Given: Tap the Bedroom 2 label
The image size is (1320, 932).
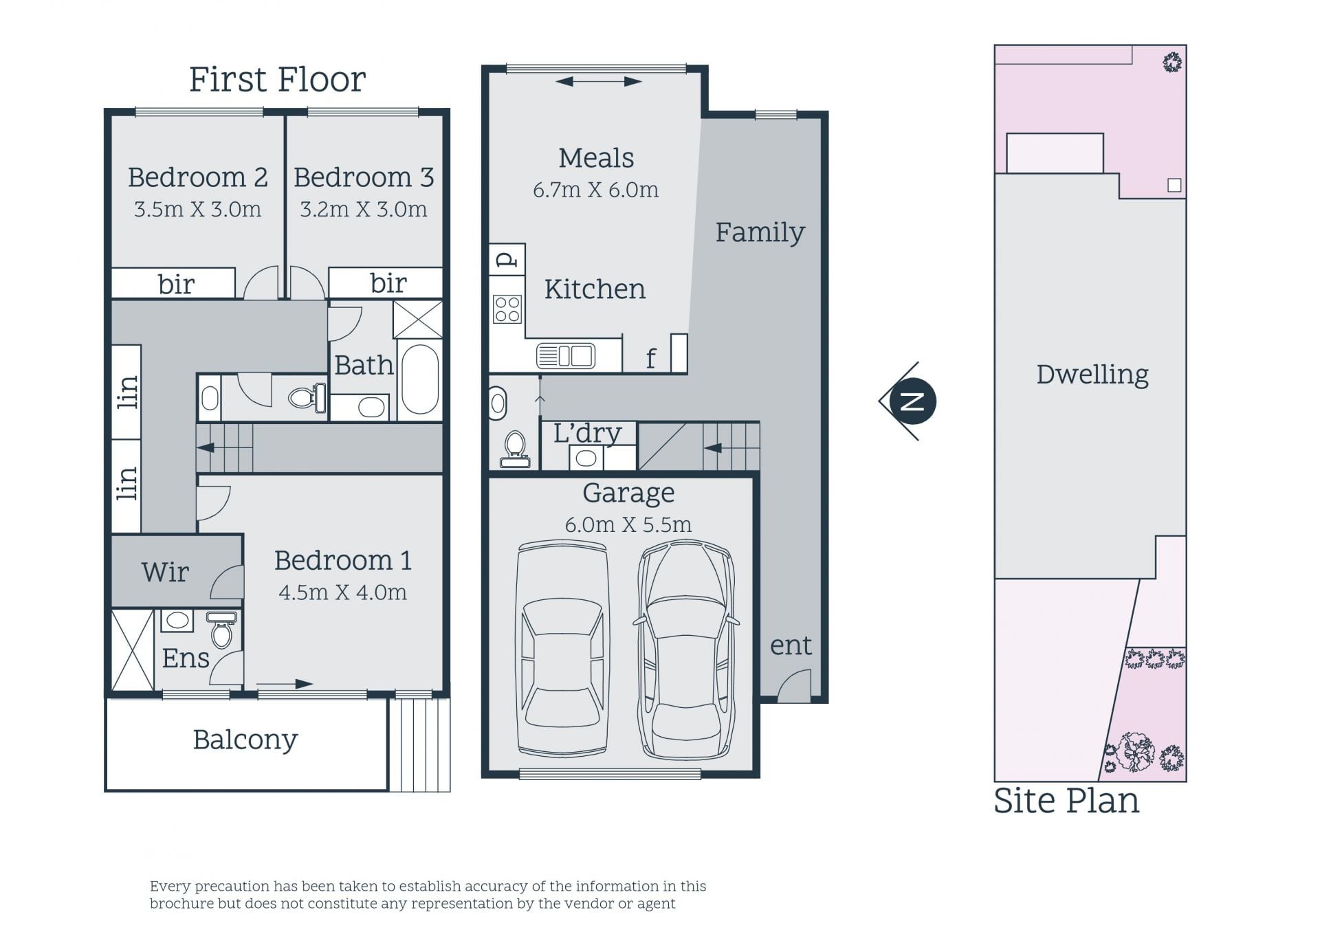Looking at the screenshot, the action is click(x=197, y=177).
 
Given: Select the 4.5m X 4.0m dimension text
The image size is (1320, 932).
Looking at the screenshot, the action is click(x=342, y=592).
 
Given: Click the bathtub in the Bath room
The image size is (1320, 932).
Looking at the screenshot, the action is click(x=419, y=379).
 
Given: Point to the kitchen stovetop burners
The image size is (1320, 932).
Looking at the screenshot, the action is click(x=507, y=309).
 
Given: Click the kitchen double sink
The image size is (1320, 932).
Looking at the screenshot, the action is click(x=566, y=356).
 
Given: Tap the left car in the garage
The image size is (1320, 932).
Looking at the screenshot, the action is click(x=562, y=649).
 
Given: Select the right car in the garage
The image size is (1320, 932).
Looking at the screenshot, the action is click(x=685, y=649).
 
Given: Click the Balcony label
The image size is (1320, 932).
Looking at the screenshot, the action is click(x=245, y=740).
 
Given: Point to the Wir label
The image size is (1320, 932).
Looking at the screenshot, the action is click(x=165, y=572).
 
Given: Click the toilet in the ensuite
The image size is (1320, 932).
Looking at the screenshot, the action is click(x=221, y=630).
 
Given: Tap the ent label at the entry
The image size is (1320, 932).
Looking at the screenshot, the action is click(x=791, y=645).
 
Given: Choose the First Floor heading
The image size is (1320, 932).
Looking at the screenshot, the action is click(x=277, y=79).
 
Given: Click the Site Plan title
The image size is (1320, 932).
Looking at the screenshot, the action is click(x=1066, y=801).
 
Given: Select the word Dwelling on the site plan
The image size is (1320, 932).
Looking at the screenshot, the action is click(x=1092, y=375).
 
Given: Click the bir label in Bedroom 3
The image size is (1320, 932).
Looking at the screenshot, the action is click(x=388, y=282).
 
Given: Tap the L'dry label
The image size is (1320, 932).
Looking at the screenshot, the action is click(x=587, y=433).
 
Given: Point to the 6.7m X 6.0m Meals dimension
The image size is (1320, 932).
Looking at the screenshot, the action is click(x=595, y=190).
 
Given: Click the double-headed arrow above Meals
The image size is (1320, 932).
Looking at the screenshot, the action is click(x=598, y=82).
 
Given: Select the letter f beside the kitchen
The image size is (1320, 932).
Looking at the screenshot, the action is click(x=650, y=358).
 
